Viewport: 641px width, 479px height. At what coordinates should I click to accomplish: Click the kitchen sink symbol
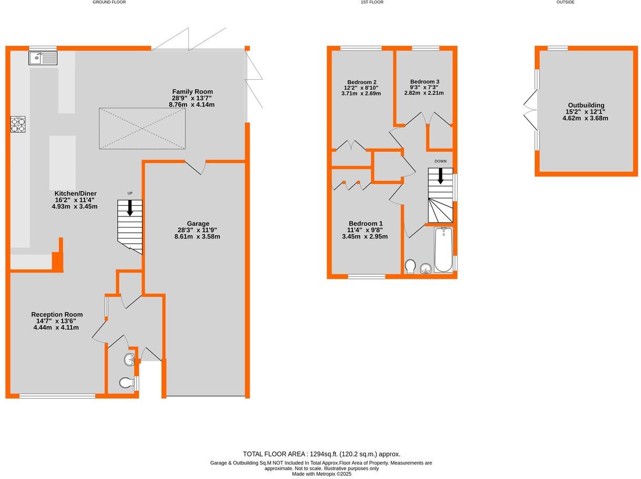[x=43, y=57]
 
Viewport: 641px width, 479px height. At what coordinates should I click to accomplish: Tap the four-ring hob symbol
[x=18, y=124]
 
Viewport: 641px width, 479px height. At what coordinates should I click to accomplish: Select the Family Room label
[x=192, y=98]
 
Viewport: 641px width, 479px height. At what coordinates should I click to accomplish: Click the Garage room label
[x=197, y=230]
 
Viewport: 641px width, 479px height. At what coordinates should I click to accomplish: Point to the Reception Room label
[x=56, y=321]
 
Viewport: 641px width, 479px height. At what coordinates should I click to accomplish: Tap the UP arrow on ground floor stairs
[x=130, y=207]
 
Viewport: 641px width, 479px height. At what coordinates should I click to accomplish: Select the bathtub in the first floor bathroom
[x=443, y=249]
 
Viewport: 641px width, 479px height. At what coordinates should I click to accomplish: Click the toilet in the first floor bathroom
[x=411, y=266]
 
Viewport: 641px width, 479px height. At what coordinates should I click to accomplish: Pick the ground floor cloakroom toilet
[x=126, y=383]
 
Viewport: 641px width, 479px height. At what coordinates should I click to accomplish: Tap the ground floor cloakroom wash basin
[x=130, y=360]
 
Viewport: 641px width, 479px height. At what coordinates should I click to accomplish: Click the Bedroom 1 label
[x=364, y=230]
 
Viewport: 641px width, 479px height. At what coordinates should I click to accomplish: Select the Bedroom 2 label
[x=361, y=88]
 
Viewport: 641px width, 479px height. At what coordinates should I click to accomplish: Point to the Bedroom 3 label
[x=424, y=87]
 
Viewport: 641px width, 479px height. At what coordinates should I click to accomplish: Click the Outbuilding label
[x=585, y=111]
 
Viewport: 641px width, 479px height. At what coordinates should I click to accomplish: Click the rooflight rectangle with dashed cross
[x=142, y=128]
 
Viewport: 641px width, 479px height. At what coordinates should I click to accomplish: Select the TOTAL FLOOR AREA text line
[x=321, y=454]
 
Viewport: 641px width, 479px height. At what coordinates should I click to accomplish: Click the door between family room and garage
[x=195, y=166]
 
